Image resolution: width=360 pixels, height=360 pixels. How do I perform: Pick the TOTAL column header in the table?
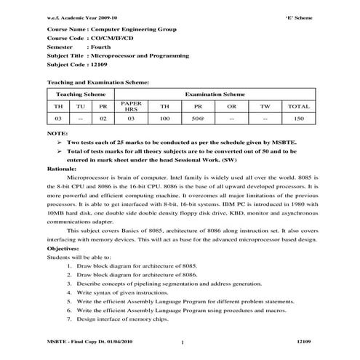click(299, 106)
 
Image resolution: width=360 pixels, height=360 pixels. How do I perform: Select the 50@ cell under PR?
click(198, 118)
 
